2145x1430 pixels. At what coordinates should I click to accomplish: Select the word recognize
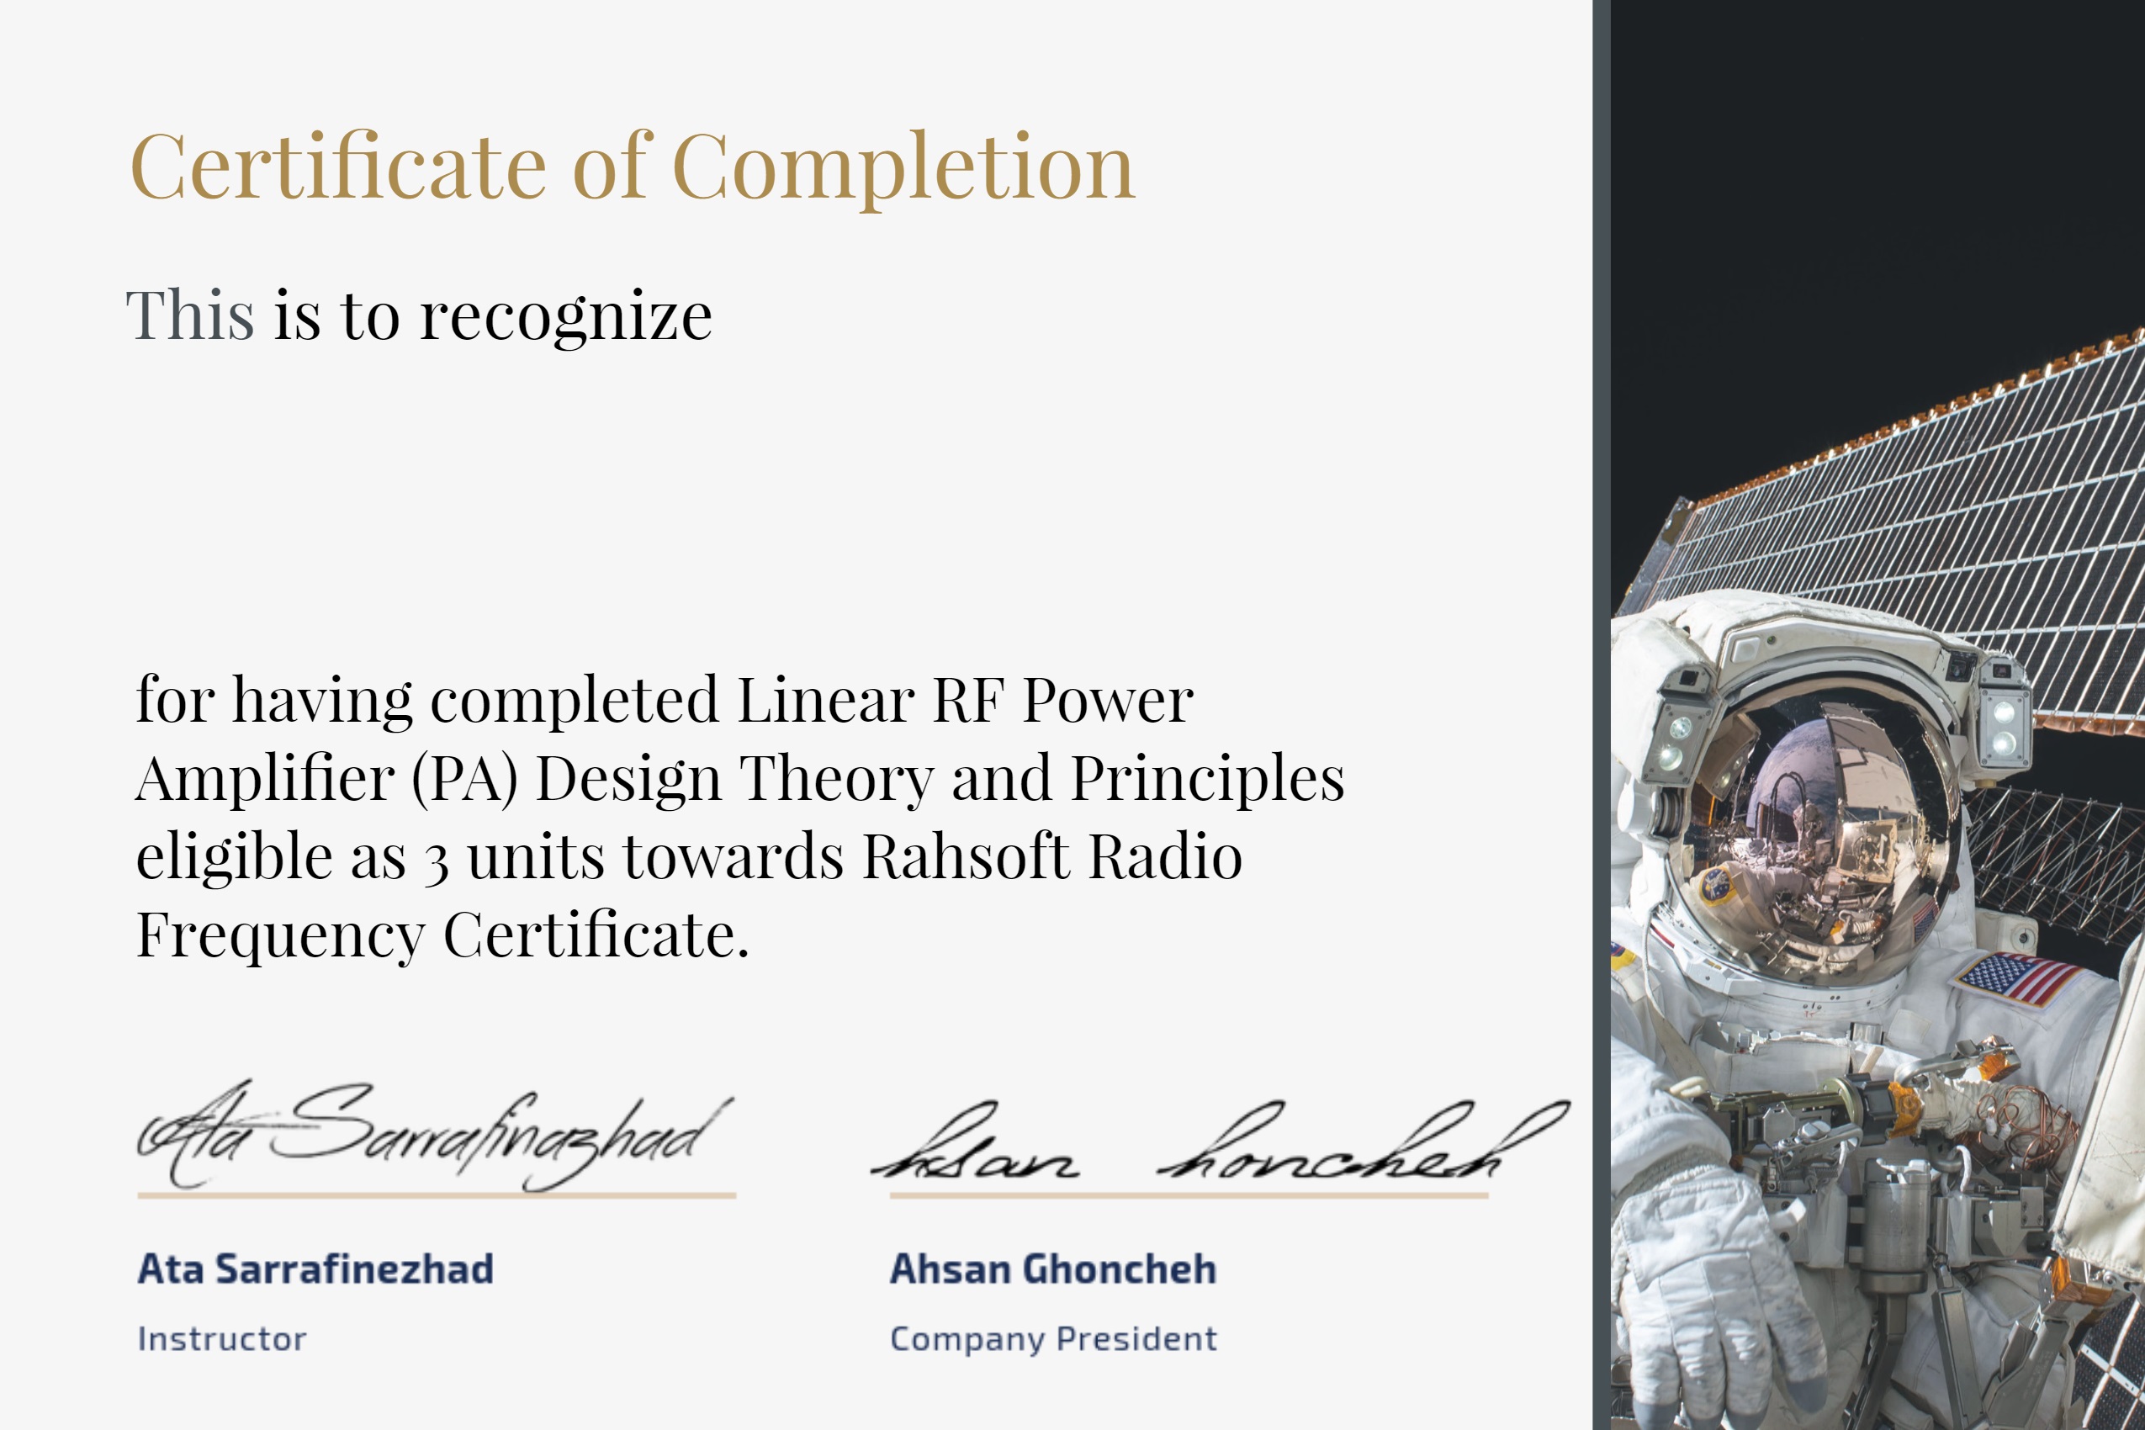pyautogui.click(x=565, y=316)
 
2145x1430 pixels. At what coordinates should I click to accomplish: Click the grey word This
pyautogui.click(x=190, y=315)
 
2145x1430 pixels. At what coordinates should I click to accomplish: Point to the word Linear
pyautogui.click(x=825, y=701)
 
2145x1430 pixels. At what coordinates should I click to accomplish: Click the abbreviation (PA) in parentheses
pyautogui.click(x=464, y=779)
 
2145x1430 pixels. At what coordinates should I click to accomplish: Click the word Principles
pyautogui.click(x=1206, y=779)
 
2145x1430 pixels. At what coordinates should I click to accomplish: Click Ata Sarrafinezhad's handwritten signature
pyautogui.click(x=429, y=1136)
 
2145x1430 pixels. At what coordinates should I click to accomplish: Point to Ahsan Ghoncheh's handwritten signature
pyautogui.click(x=1213, y=1145)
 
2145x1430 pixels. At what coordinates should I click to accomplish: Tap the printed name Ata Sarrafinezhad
pyautogui.click(x=315, y=1268)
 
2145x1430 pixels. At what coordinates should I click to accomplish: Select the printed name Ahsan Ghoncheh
pyautogui.click(x=1052, y=1268)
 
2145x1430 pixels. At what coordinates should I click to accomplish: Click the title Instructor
pyautogui.click(x=221, y=1339)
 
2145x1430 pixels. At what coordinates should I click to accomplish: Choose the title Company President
pyautogui.click(x=1052, y=1339)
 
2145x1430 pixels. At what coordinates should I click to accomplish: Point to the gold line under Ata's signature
pyautogui.click(x=436, y=1194)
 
